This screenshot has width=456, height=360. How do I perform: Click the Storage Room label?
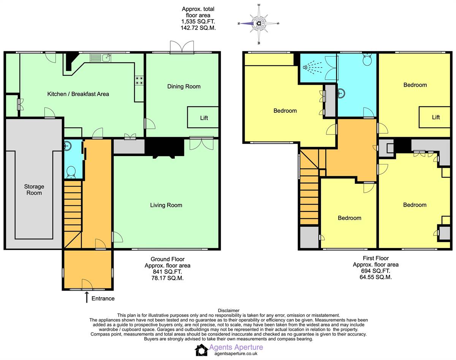point(34,189)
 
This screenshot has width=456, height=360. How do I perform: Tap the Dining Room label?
point(184,87)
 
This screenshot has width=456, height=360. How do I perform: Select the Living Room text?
point(166,205)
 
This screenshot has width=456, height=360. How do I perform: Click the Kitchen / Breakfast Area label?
point(78,94)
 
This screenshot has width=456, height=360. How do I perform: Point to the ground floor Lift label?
point(204,118)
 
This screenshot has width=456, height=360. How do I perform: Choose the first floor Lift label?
point(436,117)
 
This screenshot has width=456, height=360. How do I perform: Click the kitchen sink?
point(106,57)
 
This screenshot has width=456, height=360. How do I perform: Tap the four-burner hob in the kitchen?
point(139,80)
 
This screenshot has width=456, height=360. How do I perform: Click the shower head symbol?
point(313,68)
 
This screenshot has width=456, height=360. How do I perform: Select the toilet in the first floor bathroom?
point(367,59)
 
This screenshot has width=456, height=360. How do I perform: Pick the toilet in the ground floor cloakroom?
point(71,172)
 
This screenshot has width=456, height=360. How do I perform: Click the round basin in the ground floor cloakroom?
point(68,146)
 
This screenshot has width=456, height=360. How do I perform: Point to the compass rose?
point(259,23)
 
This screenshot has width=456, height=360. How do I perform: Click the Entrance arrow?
point(87,297)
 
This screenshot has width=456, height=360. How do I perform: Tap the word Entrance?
point(103,298)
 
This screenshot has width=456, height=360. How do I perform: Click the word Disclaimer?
point(229,311)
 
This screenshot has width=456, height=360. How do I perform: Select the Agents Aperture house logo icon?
point(201,350)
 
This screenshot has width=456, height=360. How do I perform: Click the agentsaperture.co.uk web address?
point(236,354)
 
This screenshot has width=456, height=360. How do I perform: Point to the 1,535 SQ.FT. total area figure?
point(198,22)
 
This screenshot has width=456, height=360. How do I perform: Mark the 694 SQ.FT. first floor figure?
point(375,271)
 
